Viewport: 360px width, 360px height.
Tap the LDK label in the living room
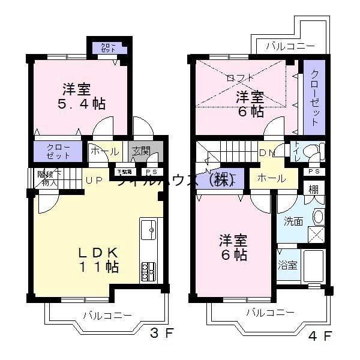point(100,251)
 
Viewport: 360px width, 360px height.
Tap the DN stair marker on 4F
point(266,153)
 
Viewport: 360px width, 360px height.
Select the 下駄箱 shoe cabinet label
point(124,171)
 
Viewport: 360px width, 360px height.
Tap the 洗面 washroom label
point(293,220)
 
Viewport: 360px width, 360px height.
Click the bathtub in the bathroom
point(314,266)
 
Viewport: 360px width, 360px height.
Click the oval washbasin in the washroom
point(319,216)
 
